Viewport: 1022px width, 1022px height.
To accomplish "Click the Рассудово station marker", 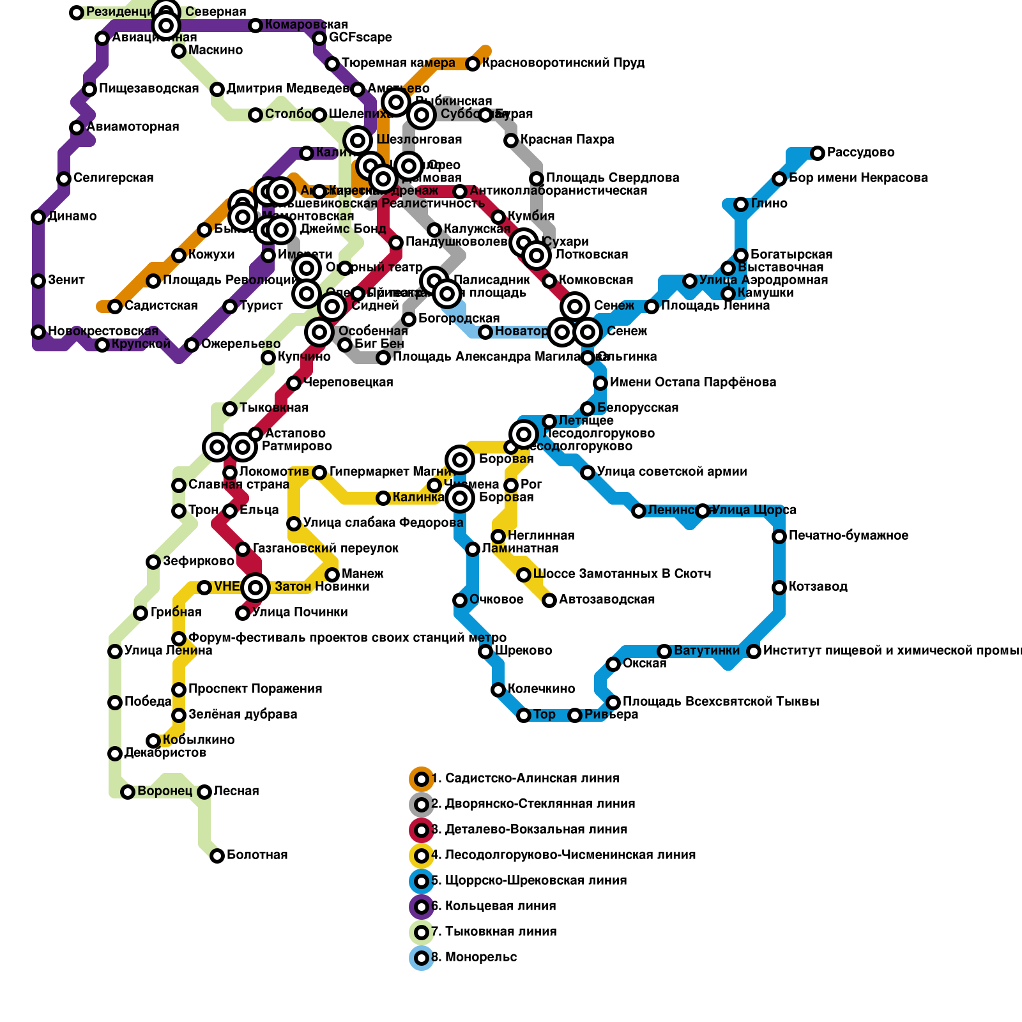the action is (818, 153).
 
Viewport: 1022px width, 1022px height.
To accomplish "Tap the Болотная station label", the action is (257, 855).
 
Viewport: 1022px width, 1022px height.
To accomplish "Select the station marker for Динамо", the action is (38, 217).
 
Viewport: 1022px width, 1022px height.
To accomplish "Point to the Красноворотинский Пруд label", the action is (563, 63).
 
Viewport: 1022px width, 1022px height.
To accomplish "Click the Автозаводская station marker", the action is (549, 600).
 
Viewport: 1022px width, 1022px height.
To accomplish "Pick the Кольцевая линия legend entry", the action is (493, 906).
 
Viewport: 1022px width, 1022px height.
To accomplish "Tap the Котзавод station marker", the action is (779, 588).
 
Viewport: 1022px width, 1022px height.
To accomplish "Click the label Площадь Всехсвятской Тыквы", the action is (721, 702).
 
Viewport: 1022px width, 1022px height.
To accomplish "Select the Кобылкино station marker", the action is (153, 741).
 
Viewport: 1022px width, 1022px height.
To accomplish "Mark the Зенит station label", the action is (66, 280).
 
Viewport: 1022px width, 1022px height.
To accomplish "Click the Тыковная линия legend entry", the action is (493, 932).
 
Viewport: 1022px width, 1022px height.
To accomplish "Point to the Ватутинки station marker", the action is (664, 652).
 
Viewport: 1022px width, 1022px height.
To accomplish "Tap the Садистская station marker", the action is (115, 307).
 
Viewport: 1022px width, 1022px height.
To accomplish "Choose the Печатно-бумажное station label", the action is (848, 536).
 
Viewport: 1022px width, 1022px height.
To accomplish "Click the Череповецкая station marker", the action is (294, 383).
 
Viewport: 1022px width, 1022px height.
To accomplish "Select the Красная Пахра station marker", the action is (511, 141).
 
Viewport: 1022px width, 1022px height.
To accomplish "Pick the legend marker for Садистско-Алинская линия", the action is (422, 779).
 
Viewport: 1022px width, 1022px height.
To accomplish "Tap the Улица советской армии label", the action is (671, 472).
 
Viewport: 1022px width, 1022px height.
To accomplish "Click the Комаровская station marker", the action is (256, 26).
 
